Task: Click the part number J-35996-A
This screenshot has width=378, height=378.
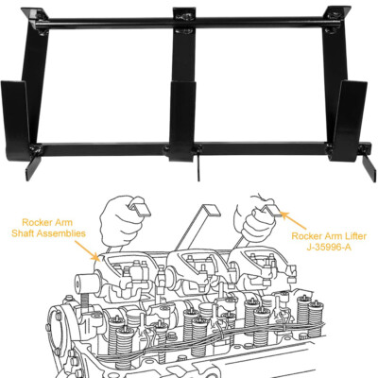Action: (x=329, y=248)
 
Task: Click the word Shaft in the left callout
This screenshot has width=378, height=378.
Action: (x=24, y=233)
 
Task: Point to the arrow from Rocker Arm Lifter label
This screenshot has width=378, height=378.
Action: (x=293, y=220)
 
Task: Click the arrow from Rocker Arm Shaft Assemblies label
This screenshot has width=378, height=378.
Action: (x=87, y=250)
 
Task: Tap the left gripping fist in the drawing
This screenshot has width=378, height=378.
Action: (x=120, y=220)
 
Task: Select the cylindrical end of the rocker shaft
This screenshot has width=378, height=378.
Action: (x=87, y=283)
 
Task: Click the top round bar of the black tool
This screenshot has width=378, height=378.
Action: (x=189, y=24)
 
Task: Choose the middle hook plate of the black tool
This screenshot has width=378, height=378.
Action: (x=182, y=121)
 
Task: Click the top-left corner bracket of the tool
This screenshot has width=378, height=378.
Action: (x=37, y=20)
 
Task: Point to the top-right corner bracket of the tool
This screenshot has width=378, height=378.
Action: (x=336, y=18)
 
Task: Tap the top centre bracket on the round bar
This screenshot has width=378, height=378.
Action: (x=184, y=20)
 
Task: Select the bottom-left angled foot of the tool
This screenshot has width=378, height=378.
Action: (x=33, y=168)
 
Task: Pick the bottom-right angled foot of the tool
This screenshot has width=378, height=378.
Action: (x=369, y=168)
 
